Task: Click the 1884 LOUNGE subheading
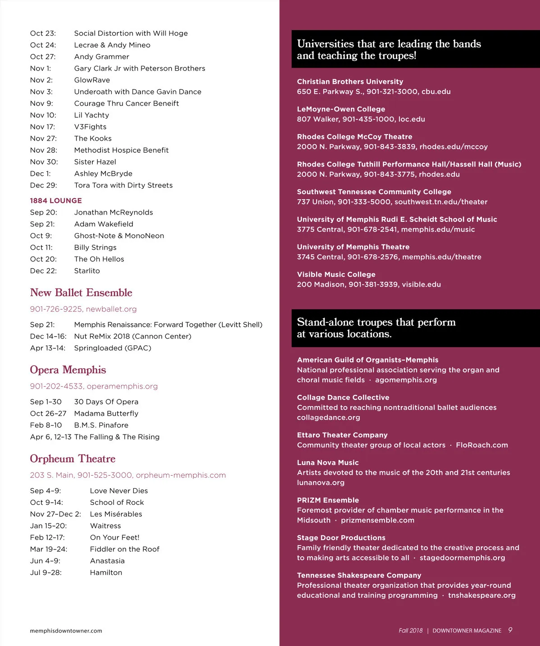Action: coord(56,201)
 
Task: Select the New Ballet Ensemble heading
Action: coord(81,293)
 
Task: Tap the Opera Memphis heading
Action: coord(68,370)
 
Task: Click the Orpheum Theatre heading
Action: coord(73,458)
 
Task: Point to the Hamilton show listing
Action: coord(106,573)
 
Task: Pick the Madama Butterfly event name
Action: coord(106,413)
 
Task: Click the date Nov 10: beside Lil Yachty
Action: coord(43,115)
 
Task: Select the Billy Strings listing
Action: coord(95,247)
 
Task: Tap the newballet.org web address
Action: coord(111,309)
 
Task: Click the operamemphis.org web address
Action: coord(122,386)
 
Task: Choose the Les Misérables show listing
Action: coord(116,514)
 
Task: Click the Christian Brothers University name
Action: coord(350,82)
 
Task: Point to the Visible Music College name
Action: coord(336,275)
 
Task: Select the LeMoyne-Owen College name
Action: coord(341,109)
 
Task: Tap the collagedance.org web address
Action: coord(328,417)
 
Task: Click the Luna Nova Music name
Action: coord(328,463)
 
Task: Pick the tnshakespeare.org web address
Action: coord(481,596)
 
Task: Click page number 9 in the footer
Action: coord(510,630)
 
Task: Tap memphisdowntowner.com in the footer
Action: coord(66,631)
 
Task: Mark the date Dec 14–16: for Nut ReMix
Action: coord(48,336)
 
